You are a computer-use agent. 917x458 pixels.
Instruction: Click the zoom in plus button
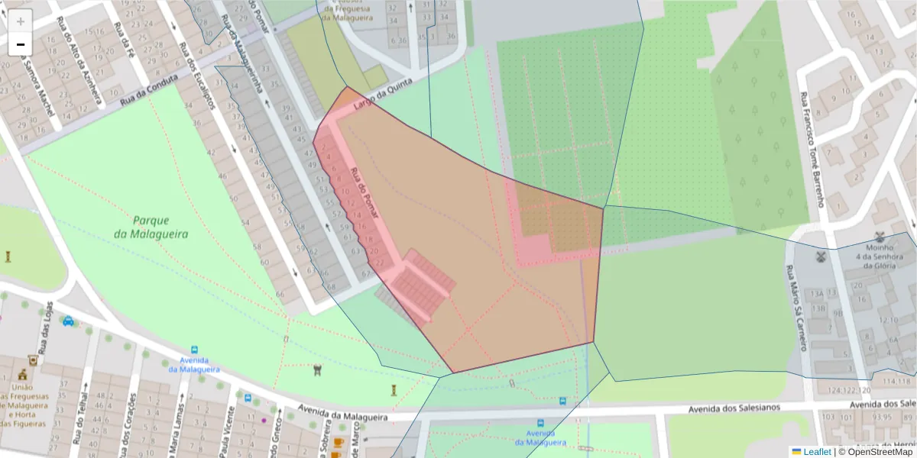point(21,21)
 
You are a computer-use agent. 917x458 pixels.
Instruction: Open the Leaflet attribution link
point(816,452)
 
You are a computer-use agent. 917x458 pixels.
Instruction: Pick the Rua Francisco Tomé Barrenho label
point(813,149)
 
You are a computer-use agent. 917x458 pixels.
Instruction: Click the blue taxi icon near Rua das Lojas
point(68,321)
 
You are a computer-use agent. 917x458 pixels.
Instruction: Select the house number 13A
point(818,293)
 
